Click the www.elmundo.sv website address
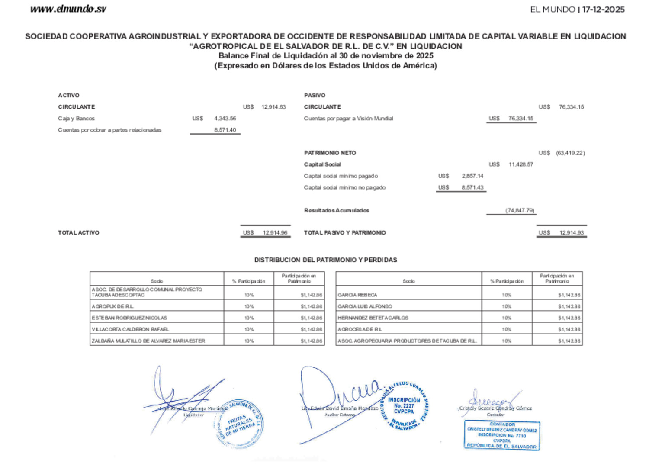pos(68,9)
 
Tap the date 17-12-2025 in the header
pos(603,10)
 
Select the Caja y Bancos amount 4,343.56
pos(225,119)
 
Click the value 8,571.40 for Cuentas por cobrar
pos(225,130)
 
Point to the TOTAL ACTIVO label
pos(79,233)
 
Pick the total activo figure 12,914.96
pos(275,233)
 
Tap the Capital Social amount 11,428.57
pos(521,164)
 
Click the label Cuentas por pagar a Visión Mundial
pos(349,119)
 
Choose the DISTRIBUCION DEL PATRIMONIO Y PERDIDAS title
pos(325,260)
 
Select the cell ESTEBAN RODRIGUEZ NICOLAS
pos(129,318)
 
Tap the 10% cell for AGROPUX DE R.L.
pos(249,306)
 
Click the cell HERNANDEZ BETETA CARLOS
pos(373,318)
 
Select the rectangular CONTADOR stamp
pos(502,435)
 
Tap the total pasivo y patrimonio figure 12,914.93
pos(571,233)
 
